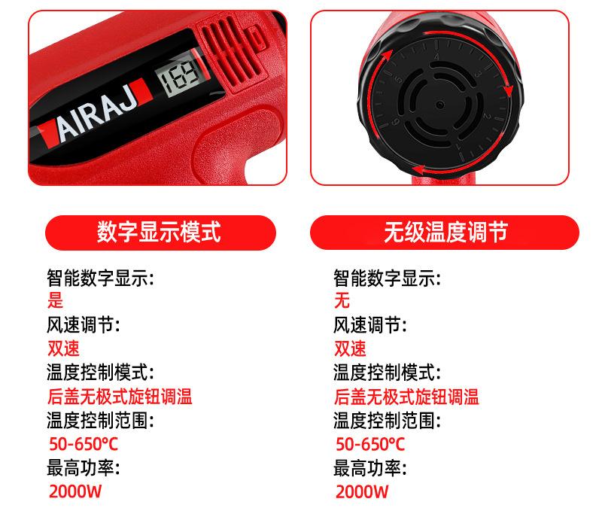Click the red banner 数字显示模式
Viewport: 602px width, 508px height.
(x=159, y=232)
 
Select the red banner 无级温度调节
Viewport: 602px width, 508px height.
(x=445, y=232)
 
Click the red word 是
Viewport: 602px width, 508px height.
(x=56, y=302)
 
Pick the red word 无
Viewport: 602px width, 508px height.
(x=342, y=302)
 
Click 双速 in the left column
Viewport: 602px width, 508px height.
(x=63, y=349)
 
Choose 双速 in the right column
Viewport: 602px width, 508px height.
(x=351, y=349)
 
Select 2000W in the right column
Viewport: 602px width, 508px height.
(x=362, y=492)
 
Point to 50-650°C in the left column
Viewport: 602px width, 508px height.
(x=82, y=444)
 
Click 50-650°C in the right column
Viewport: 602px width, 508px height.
(x=369, y=444)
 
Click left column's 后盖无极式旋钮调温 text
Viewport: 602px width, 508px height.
(x=120, y=397)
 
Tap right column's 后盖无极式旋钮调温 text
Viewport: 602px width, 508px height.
(x=406, y=397)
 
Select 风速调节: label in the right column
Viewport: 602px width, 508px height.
(x=370, y=326)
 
